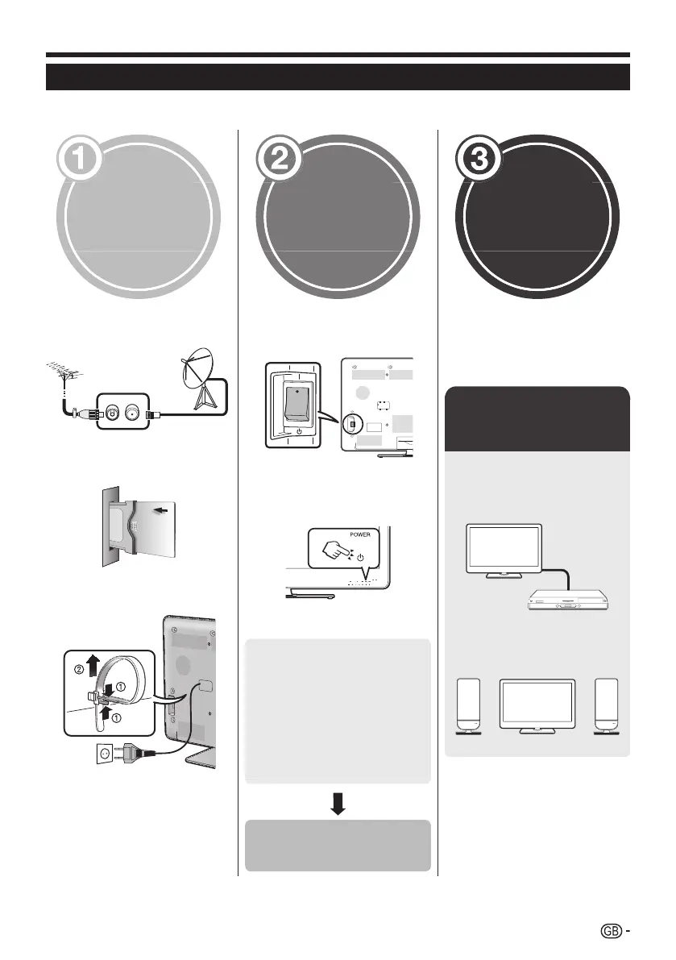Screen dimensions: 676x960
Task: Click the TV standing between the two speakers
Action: [537, 705]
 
